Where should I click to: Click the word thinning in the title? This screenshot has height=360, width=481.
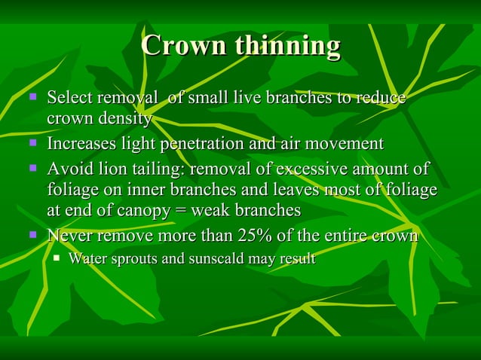(x=286, y=47)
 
